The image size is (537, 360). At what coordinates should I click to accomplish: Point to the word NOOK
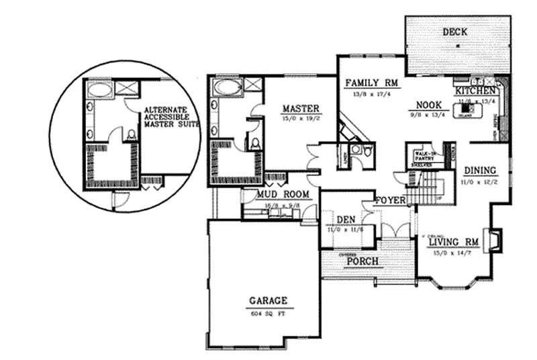coord(428,105)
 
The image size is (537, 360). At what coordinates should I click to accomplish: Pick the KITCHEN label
coord(476,91)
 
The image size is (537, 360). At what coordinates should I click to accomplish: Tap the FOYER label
coord(389,200)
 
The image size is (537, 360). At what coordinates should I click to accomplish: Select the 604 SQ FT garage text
coord(269,313)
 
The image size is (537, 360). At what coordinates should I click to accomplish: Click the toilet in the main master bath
coord(254,142)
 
